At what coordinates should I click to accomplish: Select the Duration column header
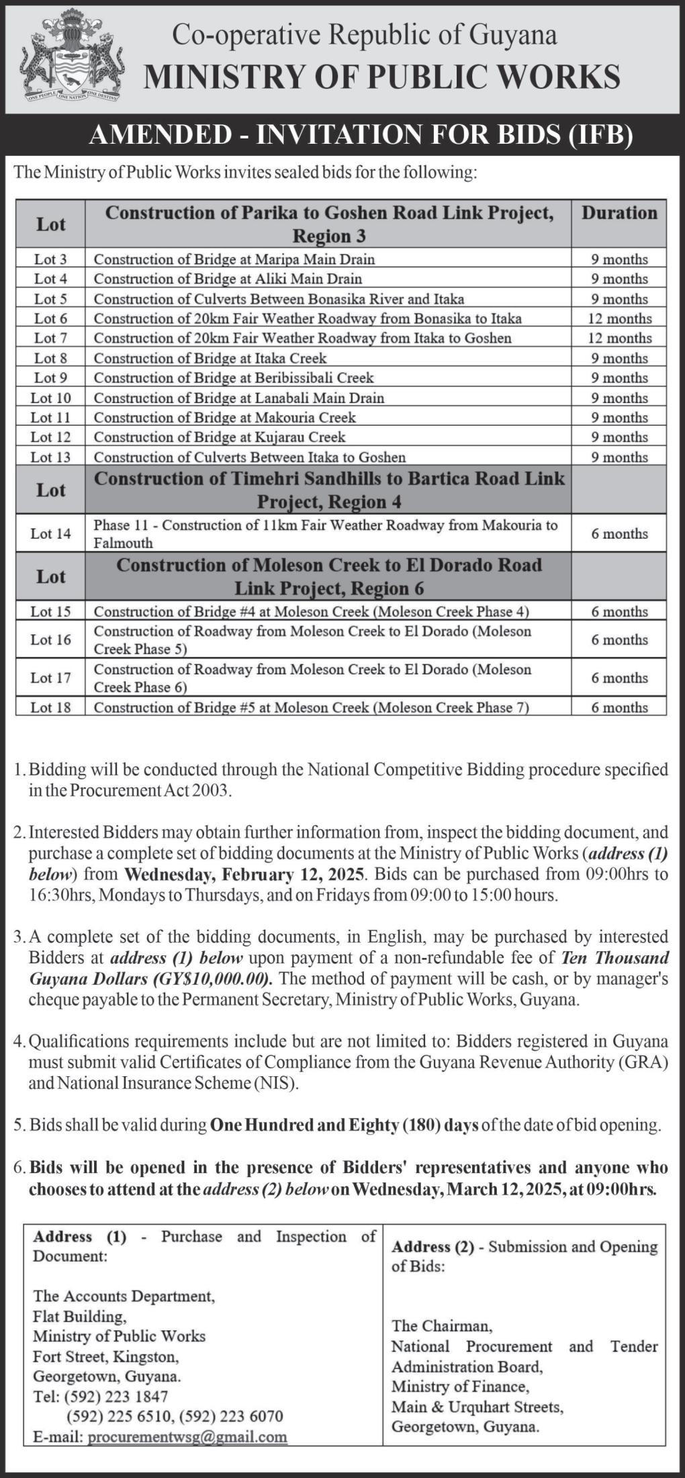click(x=619, y=213)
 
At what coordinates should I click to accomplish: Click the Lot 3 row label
click(x=50, y=259)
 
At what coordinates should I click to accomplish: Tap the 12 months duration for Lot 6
click(x=619, y=318)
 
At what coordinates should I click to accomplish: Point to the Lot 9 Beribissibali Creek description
click(x=234, y=378)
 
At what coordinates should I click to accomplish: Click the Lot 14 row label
click(x=50, y=534)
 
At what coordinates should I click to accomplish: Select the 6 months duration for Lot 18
click(x=619, y=707)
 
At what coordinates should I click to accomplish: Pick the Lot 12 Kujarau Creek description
click(x=220, y=437)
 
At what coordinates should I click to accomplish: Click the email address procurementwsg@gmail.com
click(x=187, y=1437)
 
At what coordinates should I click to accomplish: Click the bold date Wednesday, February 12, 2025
click(x=245, y=875)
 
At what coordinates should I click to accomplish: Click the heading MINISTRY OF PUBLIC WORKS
click(x=381, y=77)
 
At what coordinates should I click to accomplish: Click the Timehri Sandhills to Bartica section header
click(x=329, y=490)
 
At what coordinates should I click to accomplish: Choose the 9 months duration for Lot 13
click(x=619, y=458)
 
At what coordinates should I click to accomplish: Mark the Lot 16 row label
click(x=50, y=640)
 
